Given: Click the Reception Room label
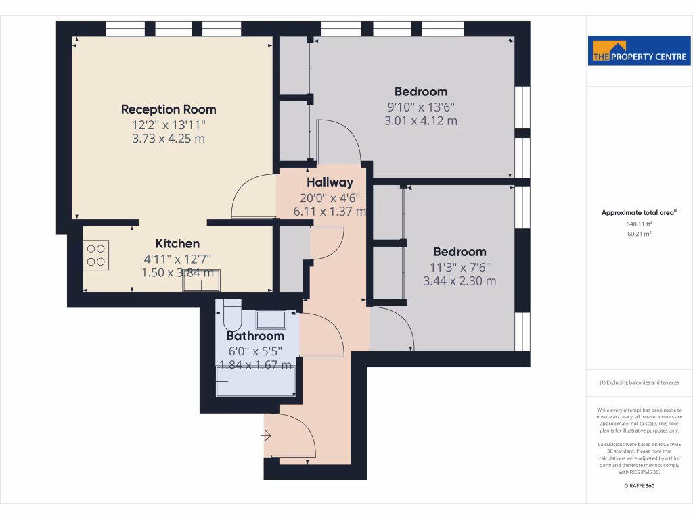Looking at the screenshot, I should click(169, 109).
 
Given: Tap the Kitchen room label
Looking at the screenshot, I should click(177, 243).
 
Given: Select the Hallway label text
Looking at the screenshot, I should click(330, 182).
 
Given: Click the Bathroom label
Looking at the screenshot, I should click(254, 336).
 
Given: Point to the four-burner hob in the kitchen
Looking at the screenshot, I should click(96, 255).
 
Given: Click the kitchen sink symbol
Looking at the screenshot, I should click(201, 280).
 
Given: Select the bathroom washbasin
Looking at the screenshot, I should click(271, 318).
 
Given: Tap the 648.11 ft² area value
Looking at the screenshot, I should click(639, 224).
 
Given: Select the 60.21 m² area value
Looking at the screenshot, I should click(639, 234).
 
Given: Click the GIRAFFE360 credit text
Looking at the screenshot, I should click(640, 485).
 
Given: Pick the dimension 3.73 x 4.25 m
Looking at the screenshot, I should click(169, 139).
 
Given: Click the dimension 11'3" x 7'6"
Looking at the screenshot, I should click(460, 266).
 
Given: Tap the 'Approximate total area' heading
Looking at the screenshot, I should click(639, 212).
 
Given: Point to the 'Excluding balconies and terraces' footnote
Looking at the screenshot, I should click(639, 383).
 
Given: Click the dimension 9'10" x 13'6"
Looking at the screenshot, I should click(421, 106).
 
